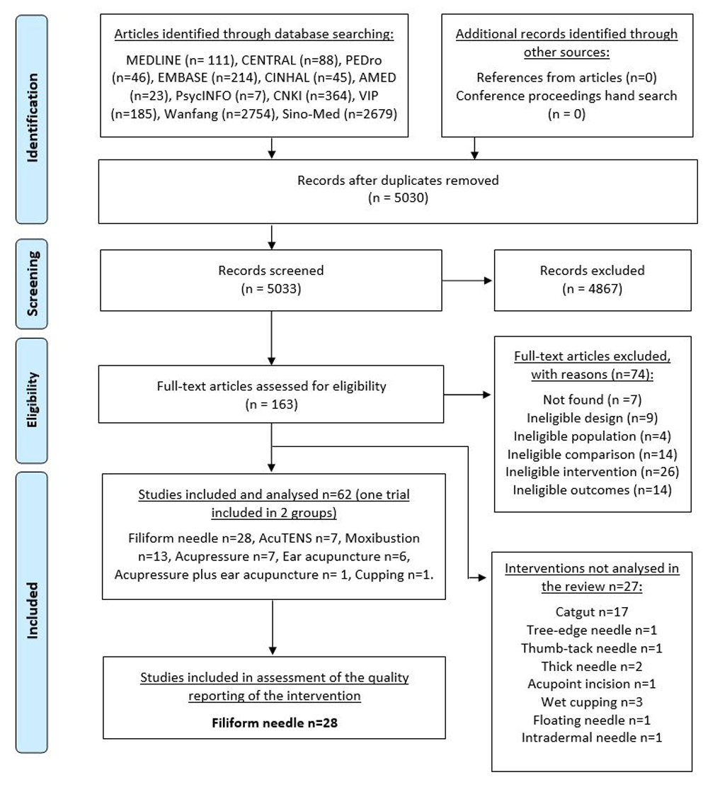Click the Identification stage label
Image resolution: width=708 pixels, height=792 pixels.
point(33,118)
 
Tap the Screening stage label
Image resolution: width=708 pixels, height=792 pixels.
point(33,283)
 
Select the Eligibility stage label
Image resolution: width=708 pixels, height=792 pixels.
point(33,400)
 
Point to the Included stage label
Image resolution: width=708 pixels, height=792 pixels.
point(33,611)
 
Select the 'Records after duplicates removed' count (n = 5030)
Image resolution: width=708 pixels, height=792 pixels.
point(398,198)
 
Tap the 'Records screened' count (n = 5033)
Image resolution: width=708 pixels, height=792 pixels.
point(271,289)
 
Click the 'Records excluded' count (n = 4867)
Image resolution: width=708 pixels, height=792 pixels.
point(593,289)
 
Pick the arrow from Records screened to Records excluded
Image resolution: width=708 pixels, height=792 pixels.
point(467,281)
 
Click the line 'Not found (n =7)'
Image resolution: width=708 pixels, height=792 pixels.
point(593,400)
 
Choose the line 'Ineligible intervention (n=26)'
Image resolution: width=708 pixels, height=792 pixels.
point(593,472)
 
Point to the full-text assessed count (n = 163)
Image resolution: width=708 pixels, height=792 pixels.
point(271,405)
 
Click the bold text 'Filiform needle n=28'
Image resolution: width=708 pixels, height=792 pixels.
point(275,723)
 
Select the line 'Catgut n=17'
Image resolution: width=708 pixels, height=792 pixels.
point(592,611)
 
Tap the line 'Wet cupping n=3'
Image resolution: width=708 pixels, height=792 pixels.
point(592,702)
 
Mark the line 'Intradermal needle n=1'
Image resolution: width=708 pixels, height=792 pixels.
point(592,737)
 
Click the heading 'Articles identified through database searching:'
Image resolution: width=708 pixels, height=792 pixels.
point(254,34)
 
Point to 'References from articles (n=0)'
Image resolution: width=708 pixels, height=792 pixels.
point(566,77)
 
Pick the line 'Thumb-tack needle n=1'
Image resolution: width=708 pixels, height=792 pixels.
point(592,648)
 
